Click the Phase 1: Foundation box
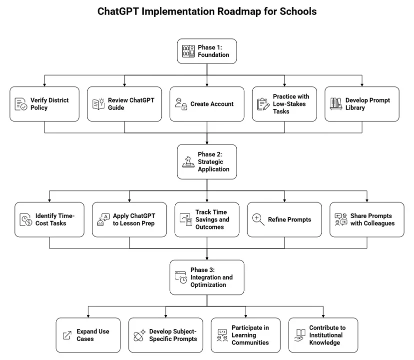[207, 51]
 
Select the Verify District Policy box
[44, 104]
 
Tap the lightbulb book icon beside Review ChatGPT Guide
[98, 104]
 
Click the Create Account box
[207, 104]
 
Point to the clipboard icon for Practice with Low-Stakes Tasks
[262, 104]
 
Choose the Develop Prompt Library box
[362, 104]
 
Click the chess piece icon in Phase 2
[188, 162]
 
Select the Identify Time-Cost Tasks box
[49, 219]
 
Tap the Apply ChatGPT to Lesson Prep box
[129, 219]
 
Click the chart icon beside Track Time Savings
[186, 220]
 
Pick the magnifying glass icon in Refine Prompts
[258, 220]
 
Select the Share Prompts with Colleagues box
[367, 219]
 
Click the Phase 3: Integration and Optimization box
[207, 277]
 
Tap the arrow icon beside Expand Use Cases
[67, 335]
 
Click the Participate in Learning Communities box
[243, 335]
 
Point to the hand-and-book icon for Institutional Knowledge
[300, 335]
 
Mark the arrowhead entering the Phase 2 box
[207, 142]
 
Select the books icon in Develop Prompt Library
[335, 104]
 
